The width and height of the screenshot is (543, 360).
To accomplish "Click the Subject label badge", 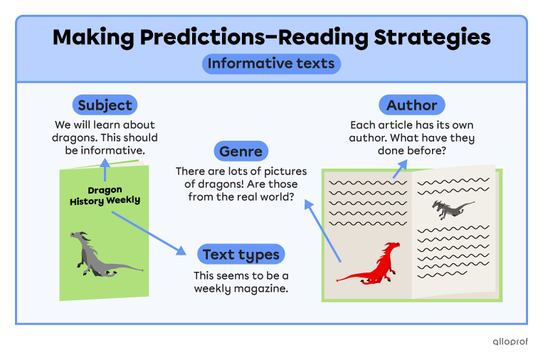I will click(x=105, y=105).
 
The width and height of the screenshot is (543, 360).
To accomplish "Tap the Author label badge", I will click(x=411, y=105).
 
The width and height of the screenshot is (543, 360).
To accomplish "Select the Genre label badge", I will click(x=241, y=151).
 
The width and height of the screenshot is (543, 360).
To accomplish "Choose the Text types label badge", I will click(x=241, y=254).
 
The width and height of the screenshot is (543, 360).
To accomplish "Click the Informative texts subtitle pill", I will click(x=271, y=64).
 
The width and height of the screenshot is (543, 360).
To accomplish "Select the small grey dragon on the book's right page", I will click(x=452, y=208).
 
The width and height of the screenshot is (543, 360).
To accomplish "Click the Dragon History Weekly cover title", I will click(x=105, y=196).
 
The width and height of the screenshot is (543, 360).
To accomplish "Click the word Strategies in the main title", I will click(x=425, y=36).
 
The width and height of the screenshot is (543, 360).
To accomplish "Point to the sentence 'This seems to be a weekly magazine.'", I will click(x=241, y=282).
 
